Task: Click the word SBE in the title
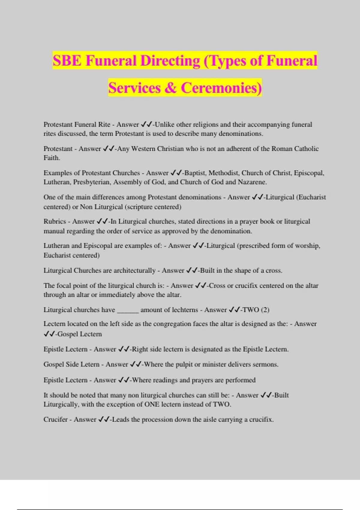pos(67,61)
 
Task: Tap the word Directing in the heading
pos(170,61)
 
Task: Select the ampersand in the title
pos(170,88)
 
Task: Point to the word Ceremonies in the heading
pos(221,88)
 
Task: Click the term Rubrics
pos(55,221)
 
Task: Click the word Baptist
pos(195,173)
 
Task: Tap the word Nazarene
pos(252,182)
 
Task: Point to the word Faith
pos(52,158)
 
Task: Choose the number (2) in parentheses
pos(265,310)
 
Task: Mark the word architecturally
pos(134,271)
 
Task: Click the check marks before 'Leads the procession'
pos(104,419)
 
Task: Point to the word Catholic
pos(306,149)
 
